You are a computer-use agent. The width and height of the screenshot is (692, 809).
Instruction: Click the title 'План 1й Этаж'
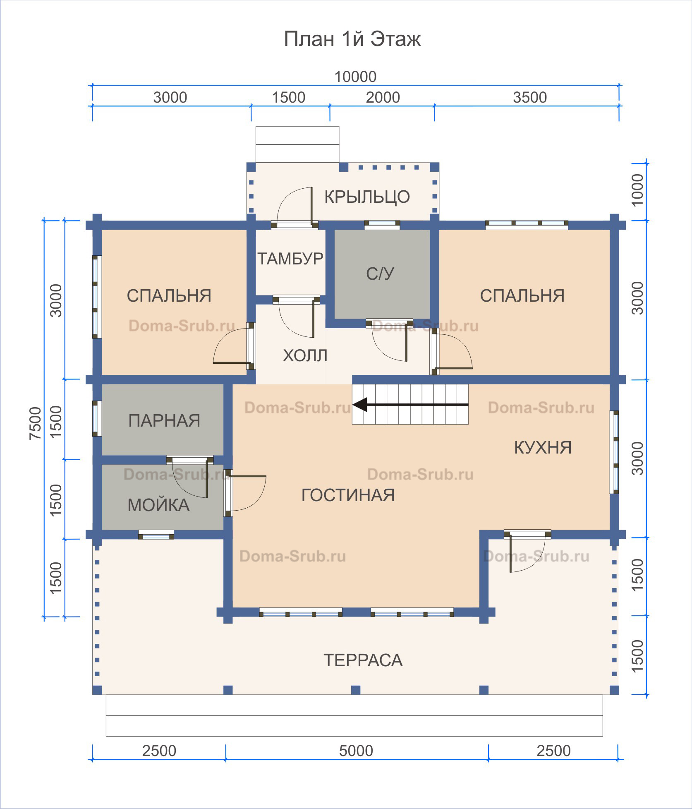[x=352, y=39]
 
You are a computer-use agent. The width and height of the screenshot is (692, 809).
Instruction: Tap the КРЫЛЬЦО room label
[x=367, y=197]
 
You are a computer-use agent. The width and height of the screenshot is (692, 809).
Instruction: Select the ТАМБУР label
[x=290, y=259]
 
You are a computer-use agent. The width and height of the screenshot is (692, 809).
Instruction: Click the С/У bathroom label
[x=380, y=274]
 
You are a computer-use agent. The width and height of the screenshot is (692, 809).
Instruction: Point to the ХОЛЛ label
[x=305, y=355]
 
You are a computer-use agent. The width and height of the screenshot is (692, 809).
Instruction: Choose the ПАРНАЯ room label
[x=164, y=420]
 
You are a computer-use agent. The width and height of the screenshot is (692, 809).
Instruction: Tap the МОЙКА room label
[x=158, y=505]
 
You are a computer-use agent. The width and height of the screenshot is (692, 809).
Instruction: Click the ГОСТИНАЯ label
[x=348, y=495]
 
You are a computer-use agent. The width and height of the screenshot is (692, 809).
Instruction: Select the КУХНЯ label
[x=543, y=448]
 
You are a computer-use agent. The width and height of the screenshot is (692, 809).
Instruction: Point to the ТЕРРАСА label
[x=363, y=660]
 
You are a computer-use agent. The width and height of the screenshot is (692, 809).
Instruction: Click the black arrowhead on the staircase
[x=360, y=405]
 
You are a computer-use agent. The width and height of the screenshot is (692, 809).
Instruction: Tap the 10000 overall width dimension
[x=355, y=77]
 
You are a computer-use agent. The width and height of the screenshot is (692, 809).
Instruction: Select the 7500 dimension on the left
[x=36, y=423]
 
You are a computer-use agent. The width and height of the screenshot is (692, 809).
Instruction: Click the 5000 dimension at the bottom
[x=356, y=751]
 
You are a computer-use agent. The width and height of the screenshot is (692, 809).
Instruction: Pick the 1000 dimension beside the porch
[x=637, y=190]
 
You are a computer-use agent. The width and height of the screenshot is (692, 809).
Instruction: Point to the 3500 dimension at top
[x=530, y=98]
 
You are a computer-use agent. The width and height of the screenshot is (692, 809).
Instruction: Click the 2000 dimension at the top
[x=383, y=98]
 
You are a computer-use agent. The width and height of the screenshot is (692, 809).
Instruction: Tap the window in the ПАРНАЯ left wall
[x=97, y=418]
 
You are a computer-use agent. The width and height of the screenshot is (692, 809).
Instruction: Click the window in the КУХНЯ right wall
[x=614, y=452]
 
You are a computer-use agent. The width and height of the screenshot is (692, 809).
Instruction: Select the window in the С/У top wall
[x=382, y=225]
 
